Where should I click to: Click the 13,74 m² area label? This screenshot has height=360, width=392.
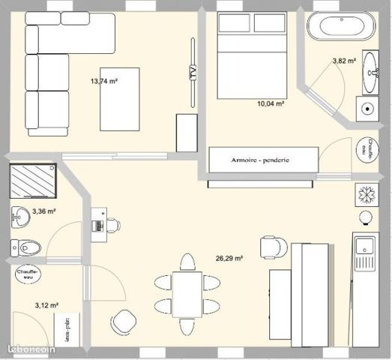point(104,81)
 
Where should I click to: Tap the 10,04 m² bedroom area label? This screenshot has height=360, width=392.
point(270,105)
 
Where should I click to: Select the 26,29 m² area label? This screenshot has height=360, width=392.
point(229,258)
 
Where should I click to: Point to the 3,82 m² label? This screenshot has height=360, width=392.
point(343,61)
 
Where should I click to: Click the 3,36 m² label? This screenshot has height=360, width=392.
point(44,211)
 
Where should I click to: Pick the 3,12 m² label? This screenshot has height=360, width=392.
point(46,305)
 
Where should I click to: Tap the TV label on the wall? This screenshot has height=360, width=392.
point(193,73)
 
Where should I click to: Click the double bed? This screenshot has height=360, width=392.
point(250,55)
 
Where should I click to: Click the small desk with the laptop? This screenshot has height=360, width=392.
point(99,223)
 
